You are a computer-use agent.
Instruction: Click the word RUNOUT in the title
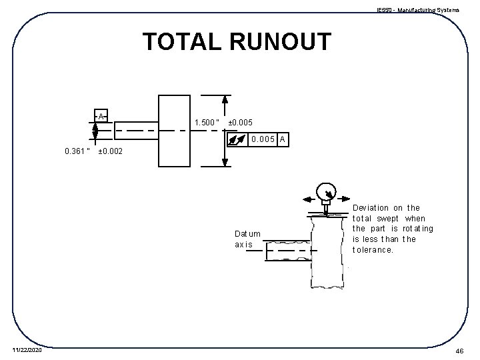pos(279,42)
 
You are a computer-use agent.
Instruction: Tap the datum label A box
pos(101,115)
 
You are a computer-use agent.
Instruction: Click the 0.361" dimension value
pos(77,151)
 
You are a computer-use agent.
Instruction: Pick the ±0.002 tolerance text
pos(110,151)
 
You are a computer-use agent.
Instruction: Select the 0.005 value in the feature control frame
pos(263,139)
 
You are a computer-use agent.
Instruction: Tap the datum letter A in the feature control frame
pos(283,139)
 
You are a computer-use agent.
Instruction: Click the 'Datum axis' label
pos(247,239)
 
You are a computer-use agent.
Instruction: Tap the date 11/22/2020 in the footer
pos(26,351)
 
